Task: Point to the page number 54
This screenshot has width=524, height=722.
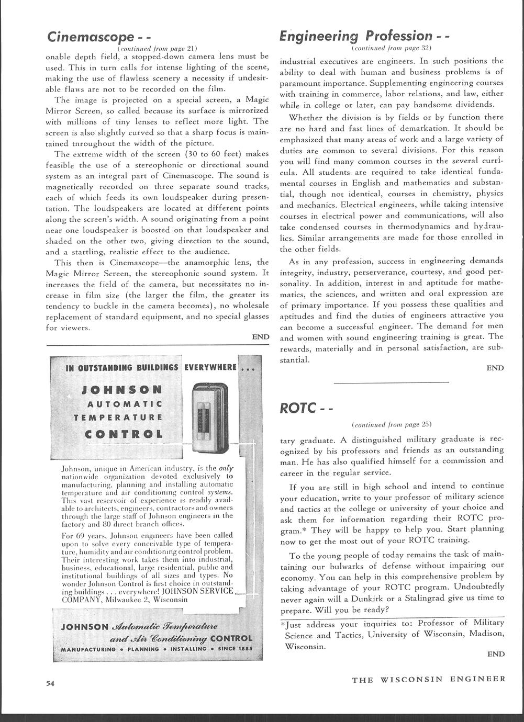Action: [x=50, y=683]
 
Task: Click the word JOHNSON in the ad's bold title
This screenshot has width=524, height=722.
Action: [x=123, y=390]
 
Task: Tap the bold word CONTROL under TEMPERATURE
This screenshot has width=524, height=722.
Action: [x=124, y=434]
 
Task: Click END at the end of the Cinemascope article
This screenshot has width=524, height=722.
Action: [x=260, y=337]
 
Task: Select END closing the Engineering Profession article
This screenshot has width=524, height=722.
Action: [x=495, y=368]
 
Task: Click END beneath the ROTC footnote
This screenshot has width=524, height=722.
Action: [x=496, y=654]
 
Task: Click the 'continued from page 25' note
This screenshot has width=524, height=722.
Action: [x=392, y=423]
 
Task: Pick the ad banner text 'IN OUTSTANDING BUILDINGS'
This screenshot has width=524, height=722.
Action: [x=123, y=368]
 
